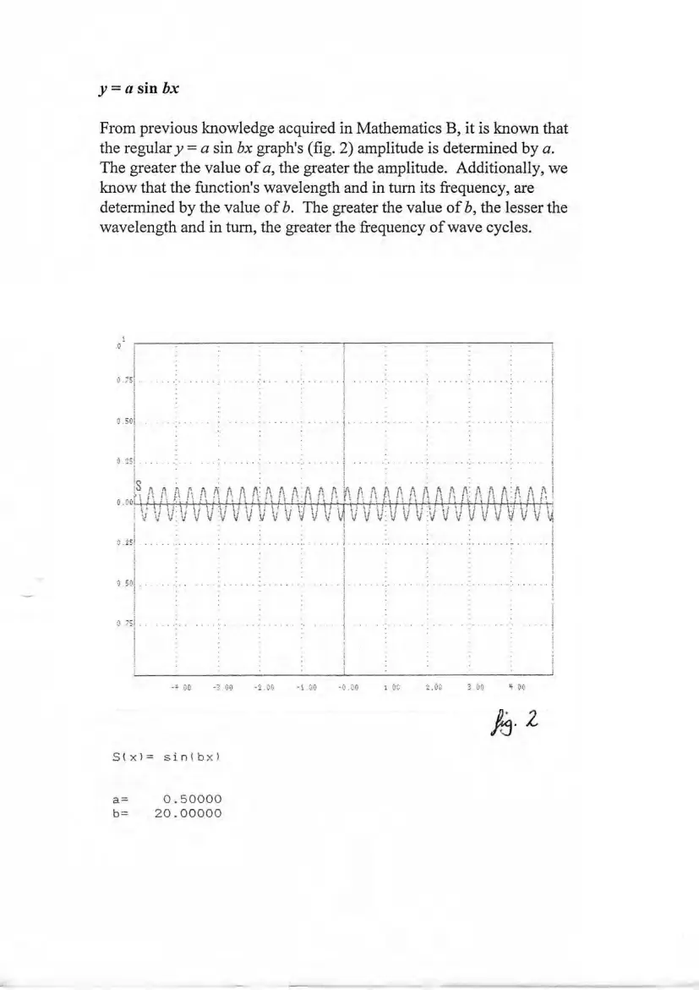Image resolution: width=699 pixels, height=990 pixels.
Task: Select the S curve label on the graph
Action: pyautogui.click(x=139, y=487)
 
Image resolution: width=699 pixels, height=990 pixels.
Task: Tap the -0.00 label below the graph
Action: pyautogui.click(x=347, y=688)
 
